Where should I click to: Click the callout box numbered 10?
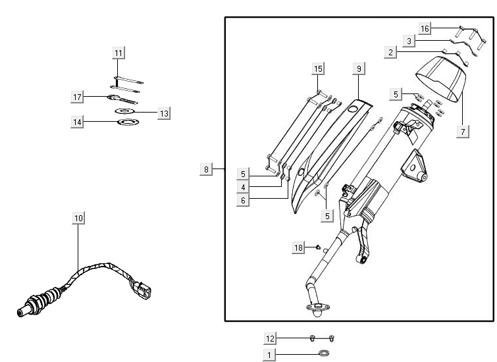78,218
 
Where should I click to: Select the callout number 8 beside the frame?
206,170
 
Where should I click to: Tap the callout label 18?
299,247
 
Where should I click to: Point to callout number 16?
425,28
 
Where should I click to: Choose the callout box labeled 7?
463,132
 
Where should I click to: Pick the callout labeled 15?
318,69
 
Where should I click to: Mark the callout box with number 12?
270,338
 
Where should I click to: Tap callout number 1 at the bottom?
269,355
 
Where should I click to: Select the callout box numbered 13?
164,113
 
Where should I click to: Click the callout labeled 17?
78,97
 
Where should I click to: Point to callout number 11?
118,53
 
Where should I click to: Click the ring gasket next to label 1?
324,355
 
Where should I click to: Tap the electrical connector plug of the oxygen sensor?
144,288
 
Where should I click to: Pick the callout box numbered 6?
243,200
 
